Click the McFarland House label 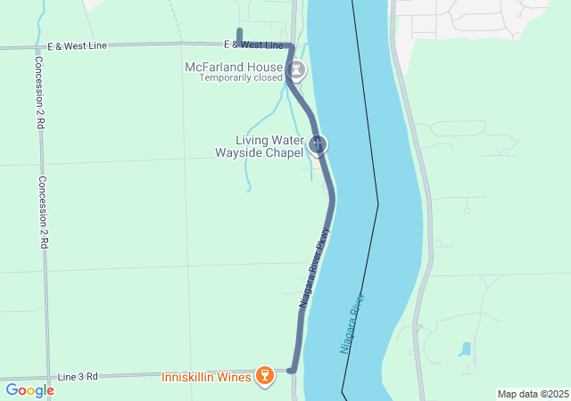click(235, 67)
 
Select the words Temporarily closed click(239, 78)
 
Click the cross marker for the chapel click(317, 143)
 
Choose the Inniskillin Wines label click(206, 377)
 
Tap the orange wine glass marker click(264, 376)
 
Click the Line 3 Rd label click(79, 377)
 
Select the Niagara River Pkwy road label click(315, 267)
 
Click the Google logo click(29, 390)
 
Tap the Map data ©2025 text click(533, 394)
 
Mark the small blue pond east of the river click(465, 349)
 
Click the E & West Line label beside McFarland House click(254, 45)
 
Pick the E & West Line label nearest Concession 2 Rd click(77, 45)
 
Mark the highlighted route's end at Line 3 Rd click(291, 370)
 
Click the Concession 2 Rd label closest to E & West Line click(39, 94)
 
